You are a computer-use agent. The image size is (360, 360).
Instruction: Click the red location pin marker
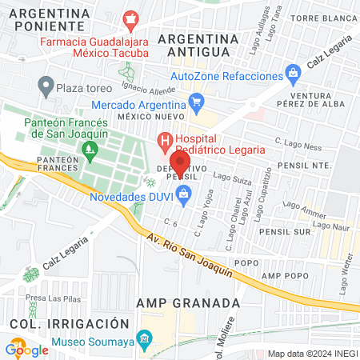click(180, 159)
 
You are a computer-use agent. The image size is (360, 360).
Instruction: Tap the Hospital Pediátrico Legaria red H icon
click(165, 143)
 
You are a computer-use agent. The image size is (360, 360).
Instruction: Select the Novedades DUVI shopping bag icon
click(185, 194)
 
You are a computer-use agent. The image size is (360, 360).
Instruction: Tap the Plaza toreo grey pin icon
click(46, 84)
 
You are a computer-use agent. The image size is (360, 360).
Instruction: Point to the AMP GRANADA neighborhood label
click(188, 303)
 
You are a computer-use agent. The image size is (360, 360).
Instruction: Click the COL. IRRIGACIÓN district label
click(70, 323)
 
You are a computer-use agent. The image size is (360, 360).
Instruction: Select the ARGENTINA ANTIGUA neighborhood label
click(195, 45)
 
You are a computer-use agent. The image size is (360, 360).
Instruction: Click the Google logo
click(27, 349)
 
